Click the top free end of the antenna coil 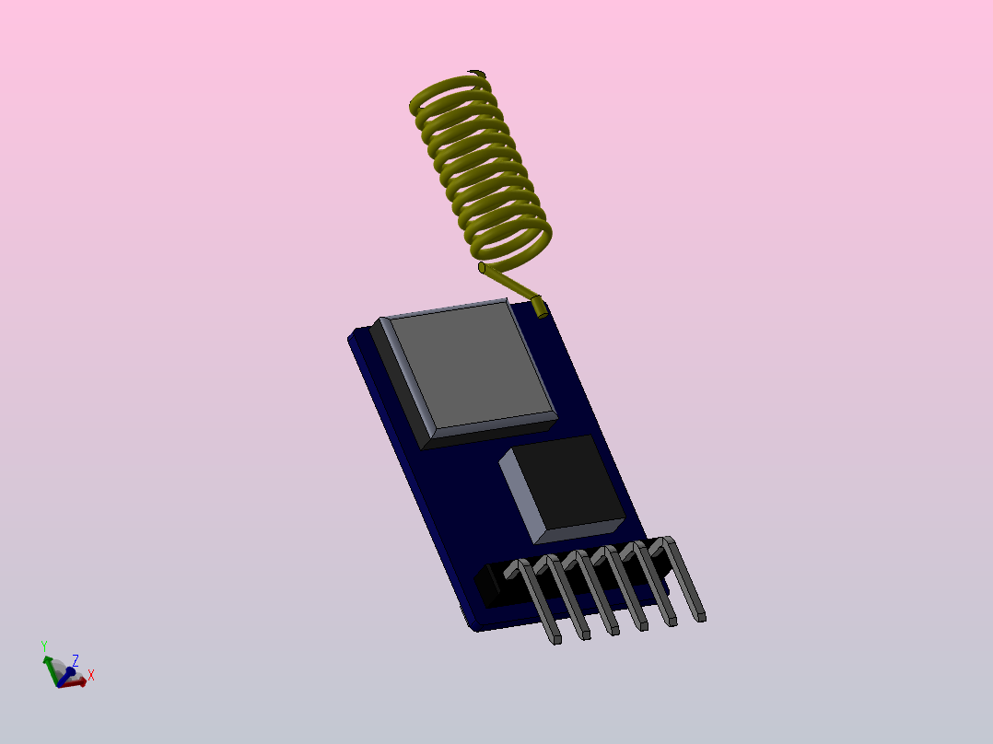click(476, 73)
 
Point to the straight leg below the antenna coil click(509, 281)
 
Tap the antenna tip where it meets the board click(539, 308)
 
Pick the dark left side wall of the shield click(399, 387)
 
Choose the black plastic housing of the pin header click(492, 586)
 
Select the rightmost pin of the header click(686, 580)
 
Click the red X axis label click(91, 675)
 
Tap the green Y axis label click(44, 646)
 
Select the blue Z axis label click(76, 659)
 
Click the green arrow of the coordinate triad click(50, 666)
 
